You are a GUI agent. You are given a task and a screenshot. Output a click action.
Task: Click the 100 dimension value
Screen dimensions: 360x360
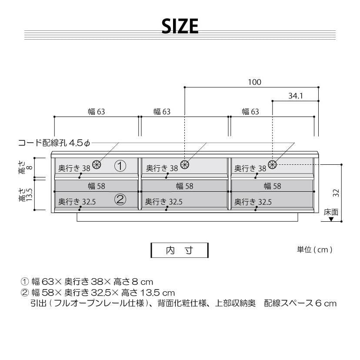(255, 82)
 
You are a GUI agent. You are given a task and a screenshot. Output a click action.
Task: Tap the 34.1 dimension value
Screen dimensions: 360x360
(295, 96)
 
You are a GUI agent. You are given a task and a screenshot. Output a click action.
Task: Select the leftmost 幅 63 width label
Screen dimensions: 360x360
(97, 112)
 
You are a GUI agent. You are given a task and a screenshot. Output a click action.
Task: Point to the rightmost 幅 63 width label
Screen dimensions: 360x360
(250, 112)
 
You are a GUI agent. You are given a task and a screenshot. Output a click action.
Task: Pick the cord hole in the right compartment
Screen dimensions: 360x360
(273, 164)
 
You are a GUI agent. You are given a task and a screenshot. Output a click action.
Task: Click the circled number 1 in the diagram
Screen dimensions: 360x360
(120, 166)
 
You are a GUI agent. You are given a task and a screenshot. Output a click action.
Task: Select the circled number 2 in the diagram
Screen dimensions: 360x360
(120, 200)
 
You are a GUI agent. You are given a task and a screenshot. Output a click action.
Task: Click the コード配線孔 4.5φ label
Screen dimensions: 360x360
(54, 143)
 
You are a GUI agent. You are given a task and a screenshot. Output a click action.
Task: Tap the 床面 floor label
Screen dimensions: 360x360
(331, 213)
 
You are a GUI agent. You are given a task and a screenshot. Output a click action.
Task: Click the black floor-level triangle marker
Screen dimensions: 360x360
(331, 220)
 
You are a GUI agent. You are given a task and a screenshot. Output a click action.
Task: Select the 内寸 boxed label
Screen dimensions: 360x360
(179, 250)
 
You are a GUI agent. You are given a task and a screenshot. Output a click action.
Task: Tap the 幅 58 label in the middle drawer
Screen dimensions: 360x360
(185, 187)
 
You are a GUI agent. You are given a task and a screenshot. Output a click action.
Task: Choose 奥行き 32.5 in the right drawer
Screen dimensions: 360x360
(253, 202)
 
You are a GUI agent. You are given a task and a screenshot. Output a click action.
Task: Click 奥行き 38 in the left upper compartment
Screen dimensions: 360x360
(74, 168)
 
